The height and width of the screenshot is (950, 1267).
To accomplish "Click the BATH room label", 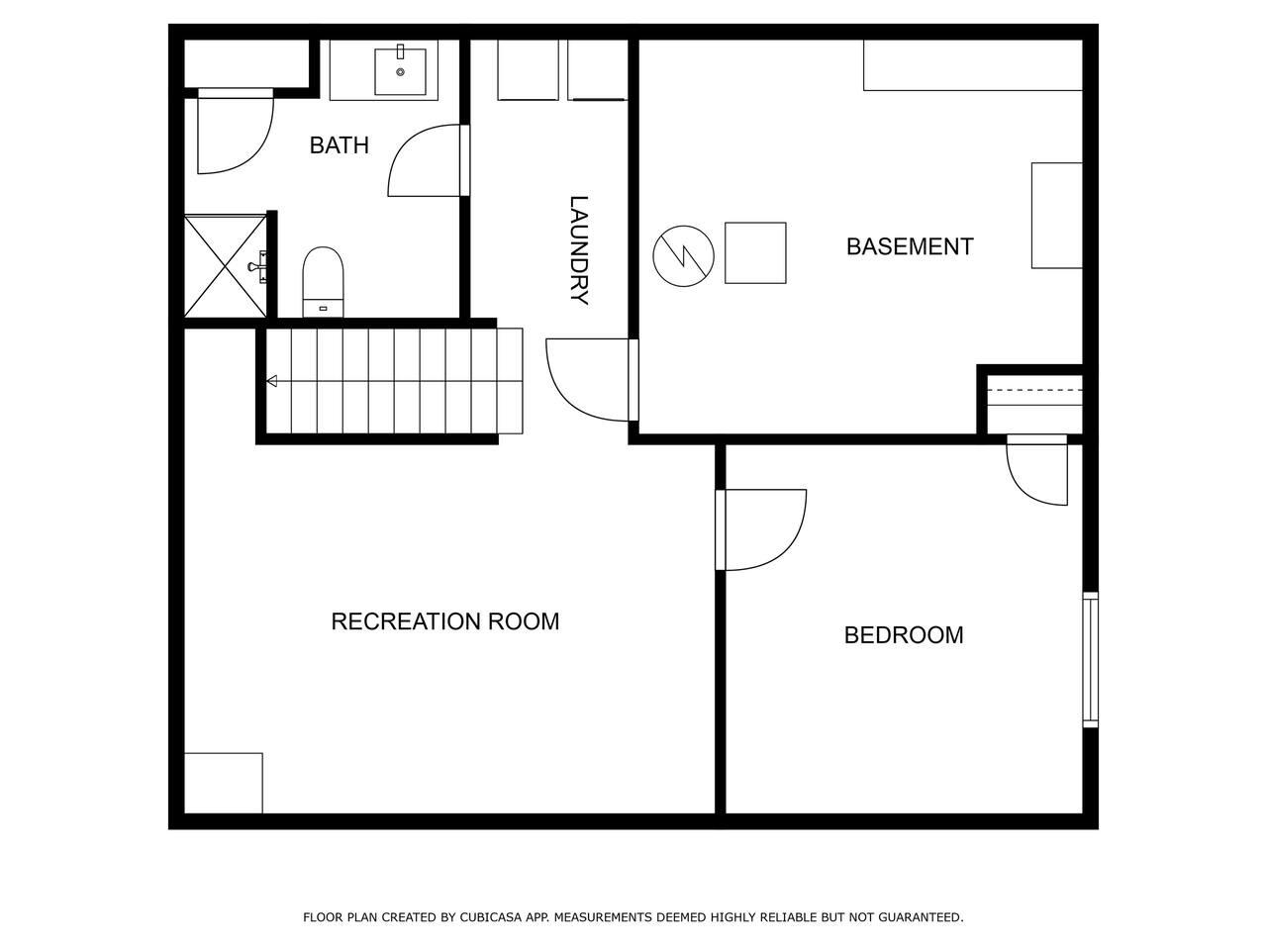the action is coord(339,145).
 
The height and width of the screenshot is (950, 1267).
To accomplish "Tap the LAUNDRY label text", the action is coord(579,249).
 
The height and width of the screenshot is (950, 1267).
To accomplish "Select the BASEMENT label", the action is coord(910,246).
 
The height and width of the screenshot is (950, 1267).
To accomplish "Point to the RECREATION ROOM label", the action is coord(445,621).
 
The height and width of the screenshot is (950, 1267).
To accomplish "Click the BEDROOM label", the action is coord(904,635).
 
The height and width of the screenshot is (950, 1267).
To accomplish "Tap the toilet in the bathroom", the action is coord(324,281).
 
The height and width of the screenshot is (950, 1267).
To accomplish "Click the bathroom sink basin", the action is coord(400,71).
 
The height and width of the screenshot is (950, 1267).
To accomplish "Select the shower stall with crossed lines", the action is coord(225,266).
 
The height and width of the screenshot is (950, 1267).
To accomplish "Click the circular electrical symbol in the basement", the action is coord(683,256).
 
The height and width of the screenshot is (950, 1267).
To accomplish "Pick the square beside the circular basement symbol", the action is coord(755,252).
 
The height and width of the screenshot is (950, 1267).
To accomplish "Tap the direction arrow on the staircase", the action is coord(272,381).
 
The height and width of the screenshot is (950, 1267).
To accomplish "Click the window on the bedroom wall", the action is coord(1090,659).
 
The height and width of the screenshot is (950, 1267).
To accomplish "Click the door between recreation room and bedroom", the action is coord(761,530).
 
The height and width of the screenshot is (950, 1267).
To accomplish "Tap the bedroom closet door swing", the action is coord(1037,470).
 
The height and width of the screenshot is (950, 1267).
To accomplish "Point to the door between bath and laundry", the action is coord(429,160).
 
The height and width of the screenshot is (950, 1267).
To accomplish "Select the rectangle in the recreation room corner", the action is coord(224,783).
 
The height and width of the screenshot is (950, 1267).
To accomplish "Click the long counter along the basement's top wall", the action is coord(973,65).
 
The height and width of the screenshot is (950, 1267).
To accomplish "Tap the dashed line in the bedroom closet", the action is coord(1034,391).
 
